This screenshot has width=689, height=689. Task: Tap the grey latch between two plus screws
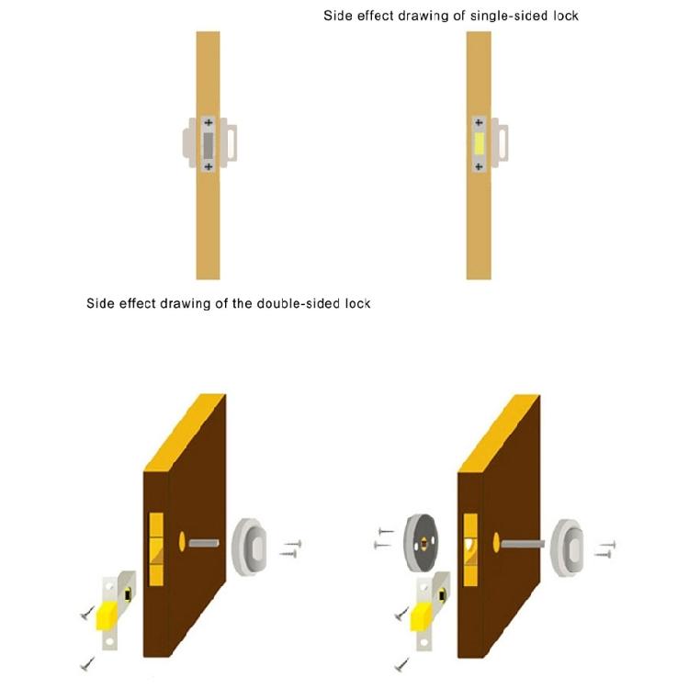pyautogui.click(x=209, y=144)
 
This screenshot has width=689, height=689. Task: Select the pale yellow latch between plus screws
pyautogui.click(x=479, y=144)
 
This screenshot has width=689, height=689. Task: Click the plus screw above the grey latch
pyautogui.click(x=209, y=122)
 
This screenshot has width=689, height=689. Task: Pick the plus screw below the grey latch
pyautogui.click(x=209, y=166)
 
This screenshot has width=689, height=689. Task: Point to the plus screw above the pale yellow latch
pyautogui.click(x=479, y=122)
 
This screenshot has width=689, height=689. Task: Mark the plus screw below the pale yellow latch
pyautogui.click(x=479, y=166)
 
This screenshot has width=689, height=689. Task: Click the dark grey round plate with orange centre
pyautogui.click(x=421, y=543)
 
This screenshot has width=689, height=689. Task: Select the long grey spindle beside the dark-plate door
pyautogui.click(x=523, y=544)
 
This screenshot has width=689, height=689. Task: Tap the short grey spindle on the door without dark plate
pyautogui.click(x=204, y=544)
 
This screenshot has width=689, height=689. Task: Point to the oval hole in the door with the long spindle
pyautogui.click(x=496, y=543)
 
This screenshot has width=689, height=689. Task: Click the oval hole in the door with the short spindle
pyautogui.click(x=183, y=542)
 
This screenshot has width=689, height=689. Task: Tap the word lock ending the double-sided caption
pyautogui.click(x=357, y=304)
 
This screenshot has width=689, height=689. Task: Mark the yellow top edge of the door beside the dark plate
pyautogui.click(x=499, y=434)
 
